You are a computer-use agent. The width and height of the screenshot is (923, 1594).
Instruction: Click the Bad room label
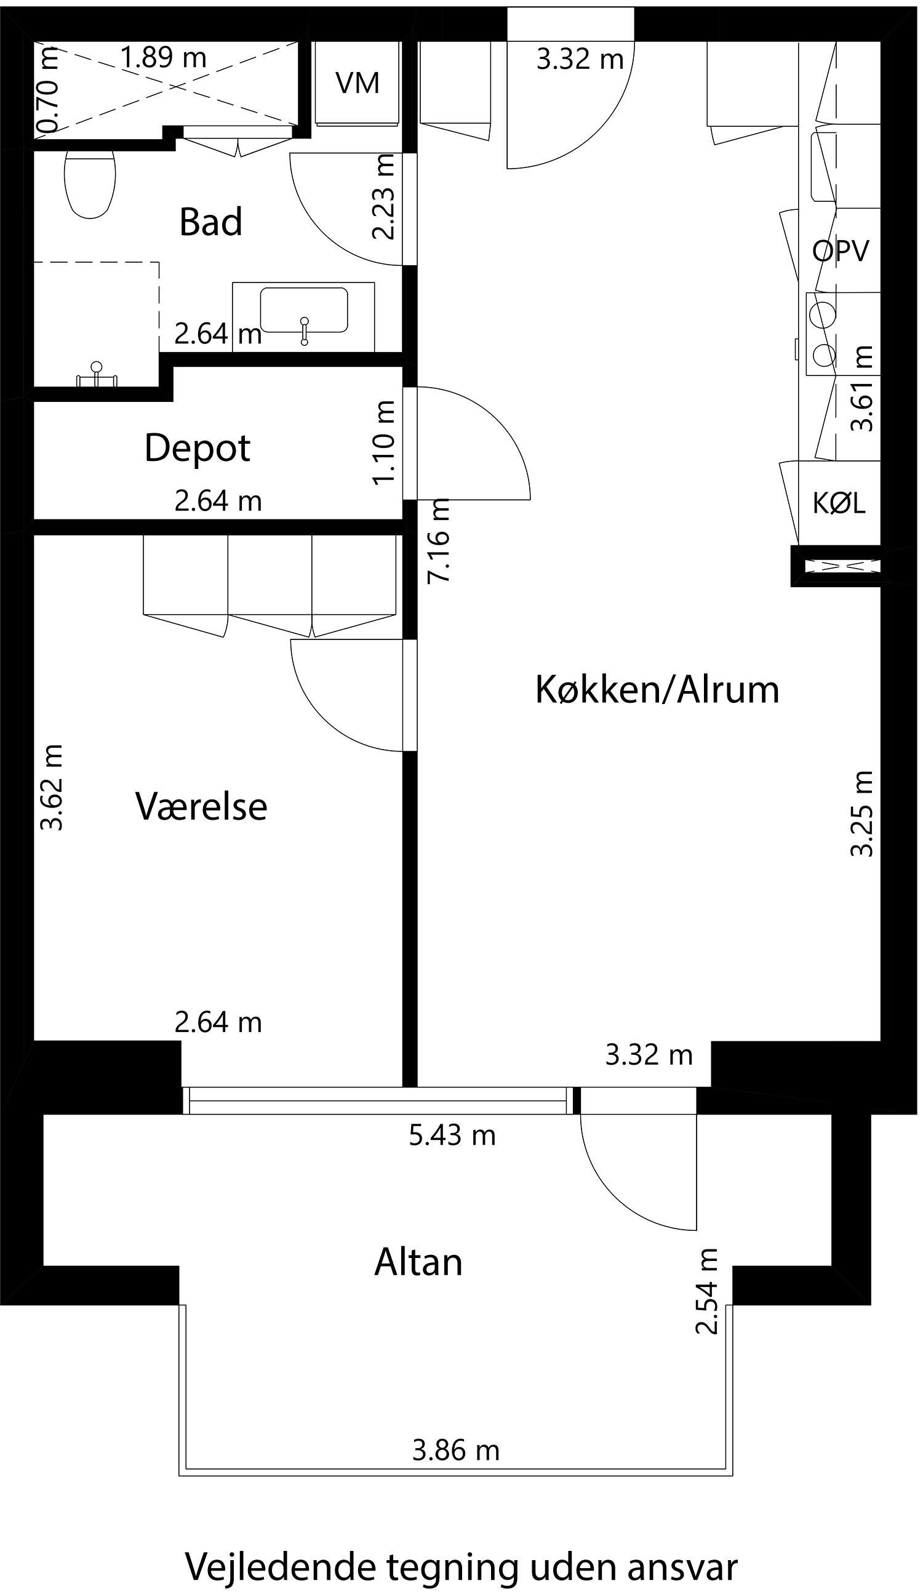[210, 222]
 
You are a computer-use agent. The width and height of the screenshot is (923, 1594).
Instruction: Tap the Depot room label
[198, 448]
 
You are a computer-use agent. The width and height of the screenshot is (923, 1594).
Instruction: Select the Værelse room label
[201, 806]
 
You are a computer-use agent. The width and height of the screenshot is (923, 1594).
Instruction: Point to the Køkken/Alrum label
[657, 689]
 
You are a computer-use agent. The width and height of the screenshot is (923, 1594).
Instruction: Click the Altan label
[418, 1262]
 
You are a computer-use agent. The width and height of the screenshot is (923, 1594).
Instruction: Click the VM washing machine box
[357, 83]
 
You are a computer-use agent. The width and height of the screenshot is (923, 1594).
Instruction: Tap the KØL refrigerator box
[839, 503]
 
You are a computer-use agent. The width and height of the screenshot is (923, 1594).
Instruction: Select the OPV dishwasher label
[841, 251]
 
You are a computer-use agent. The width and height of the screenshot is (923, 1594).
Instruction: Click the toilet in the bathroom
[90, 183]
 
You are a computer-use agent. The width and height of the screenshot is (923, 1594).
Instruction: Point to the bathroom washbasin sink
[303, 310]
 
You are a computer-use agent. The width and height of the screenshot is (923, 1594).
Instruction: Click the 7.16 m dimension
[438, 541]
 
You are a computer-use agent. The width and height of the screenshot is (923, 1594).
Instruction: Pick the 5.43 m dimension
[452, 1135]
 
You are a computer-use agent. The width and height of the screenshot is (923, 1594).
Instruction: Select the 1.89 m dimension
[163, 58]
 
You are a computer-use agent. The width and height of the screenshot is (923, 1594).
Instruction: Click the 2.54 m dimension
[706, 1292]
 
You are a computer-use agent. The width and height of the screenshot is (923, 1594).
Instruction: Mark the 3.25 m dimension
[861, 814]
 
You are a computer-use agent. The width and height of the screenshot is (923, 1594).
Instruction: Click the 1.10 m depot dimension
[384, 443]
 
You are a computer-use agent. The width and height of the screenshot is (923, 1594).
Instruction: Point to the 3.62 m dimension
[50, 788]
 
